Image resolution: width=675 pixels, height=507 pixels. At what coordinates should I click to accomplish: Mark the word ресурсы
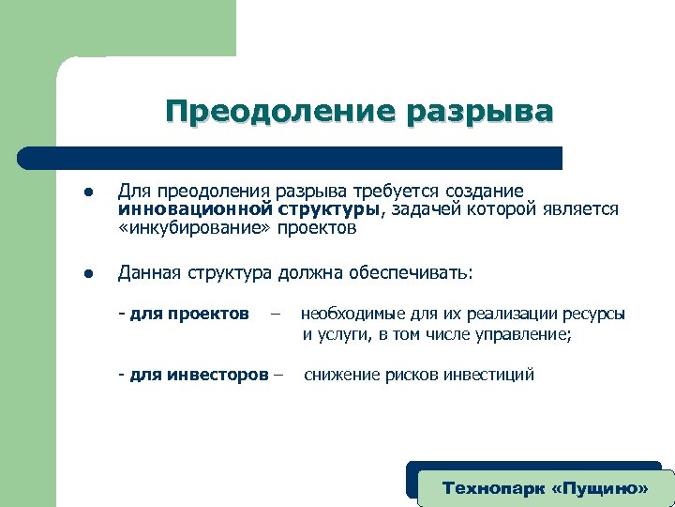(x=592, y=313)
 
